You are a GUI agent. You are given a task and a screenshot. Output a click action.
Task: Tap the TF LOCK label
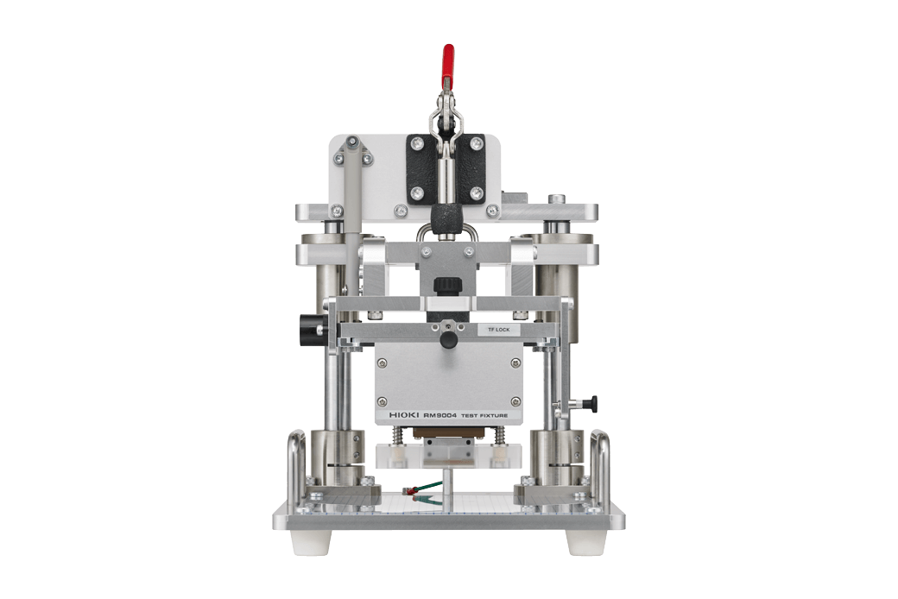click(x=499, y=329)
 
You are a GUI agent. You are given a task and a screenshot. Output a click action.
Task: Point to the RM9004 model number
click(x=441, y=415)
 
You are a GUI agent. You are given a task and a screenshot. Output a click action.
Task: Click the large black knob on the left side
click(x=308, y=328)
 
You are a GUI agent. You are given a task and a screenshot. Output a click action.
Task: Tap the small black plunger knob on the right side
click(x=591, y=402)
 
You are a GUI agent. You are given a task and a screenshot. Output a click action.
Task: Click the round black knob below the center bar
click(x=447, y=342)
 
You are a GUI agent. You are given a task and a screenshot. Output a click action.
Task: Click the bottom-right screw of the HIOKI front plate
click(x=515, y=399)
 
